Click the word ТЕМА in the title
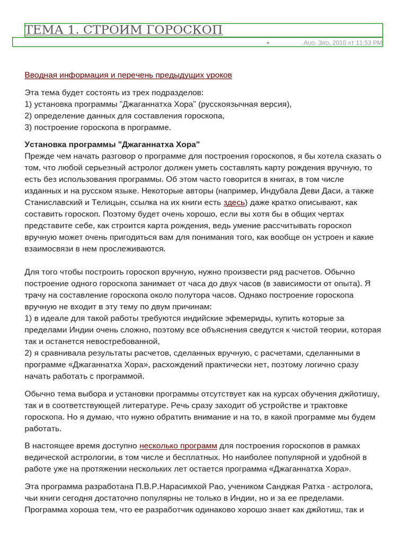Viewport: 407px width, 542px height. (43, 30)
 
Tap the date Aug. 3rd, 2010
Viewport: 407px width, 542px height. (324, 43)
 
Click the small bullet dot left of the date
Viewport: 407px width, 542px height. (268, 43)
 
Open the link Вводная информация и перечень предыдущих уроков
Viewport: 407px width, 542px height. (128, 75)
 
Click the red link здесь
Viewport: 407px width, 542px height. (234, 202)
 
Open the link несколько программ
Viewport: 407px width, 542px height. (178, 446)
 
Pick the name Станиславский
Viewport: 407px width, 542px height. (55, 202)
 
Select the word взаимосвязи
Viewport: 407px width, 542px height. (49, 249)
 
